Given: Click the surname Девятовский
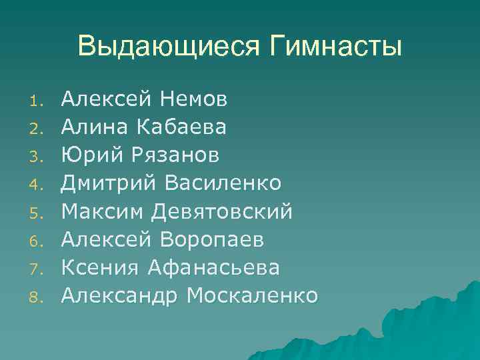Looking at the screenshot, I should tap(222, 211).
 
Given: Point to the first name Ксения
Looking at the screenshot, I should tap(99, 267).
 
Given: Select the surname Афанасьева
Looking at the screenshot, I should tap(213, 267).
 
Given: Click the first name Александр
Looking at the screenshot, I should tap(120, 295).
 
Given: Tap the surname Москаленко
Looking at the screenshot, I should tap(253, 295).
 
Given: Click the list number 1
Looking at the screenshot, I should tap(36, 102).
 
